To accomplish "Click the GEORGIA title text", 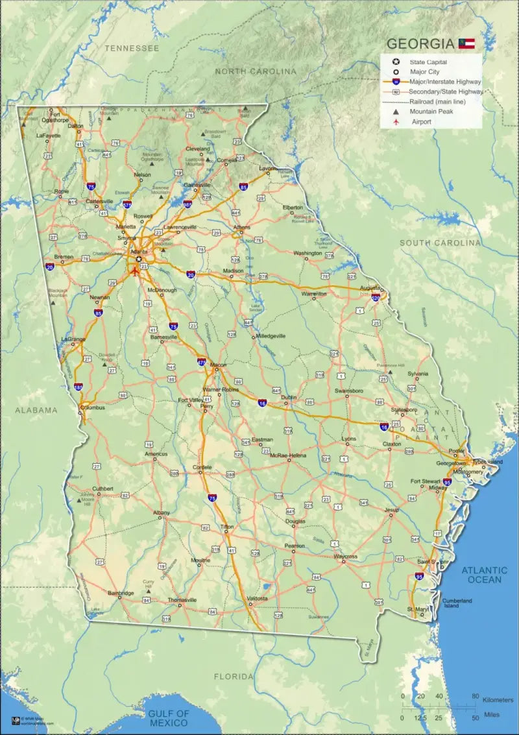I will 420,44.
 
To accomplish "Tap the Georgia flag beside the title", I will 466,43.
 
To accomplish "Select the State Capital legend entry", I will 428,62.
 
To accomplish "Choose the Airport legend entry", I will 421,121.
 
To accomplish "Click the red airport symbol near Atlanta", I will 135,271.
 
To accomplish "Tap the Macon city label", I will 218,365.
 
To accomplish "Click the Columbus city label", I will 92,408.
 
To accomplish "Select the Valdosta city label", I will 257,598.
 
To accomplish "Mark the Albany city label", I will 162,512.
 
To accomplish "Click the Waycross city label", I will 346,557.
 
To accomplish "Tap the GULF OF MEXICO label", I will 169,718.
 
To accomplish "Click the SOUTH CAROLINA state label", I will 440,243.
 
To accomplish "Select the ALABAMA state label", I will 36,410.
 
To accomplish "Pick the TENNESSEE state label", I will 132,49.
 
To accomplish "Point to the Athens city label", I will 241,227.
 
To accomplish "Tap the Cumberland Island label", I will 457,603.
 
